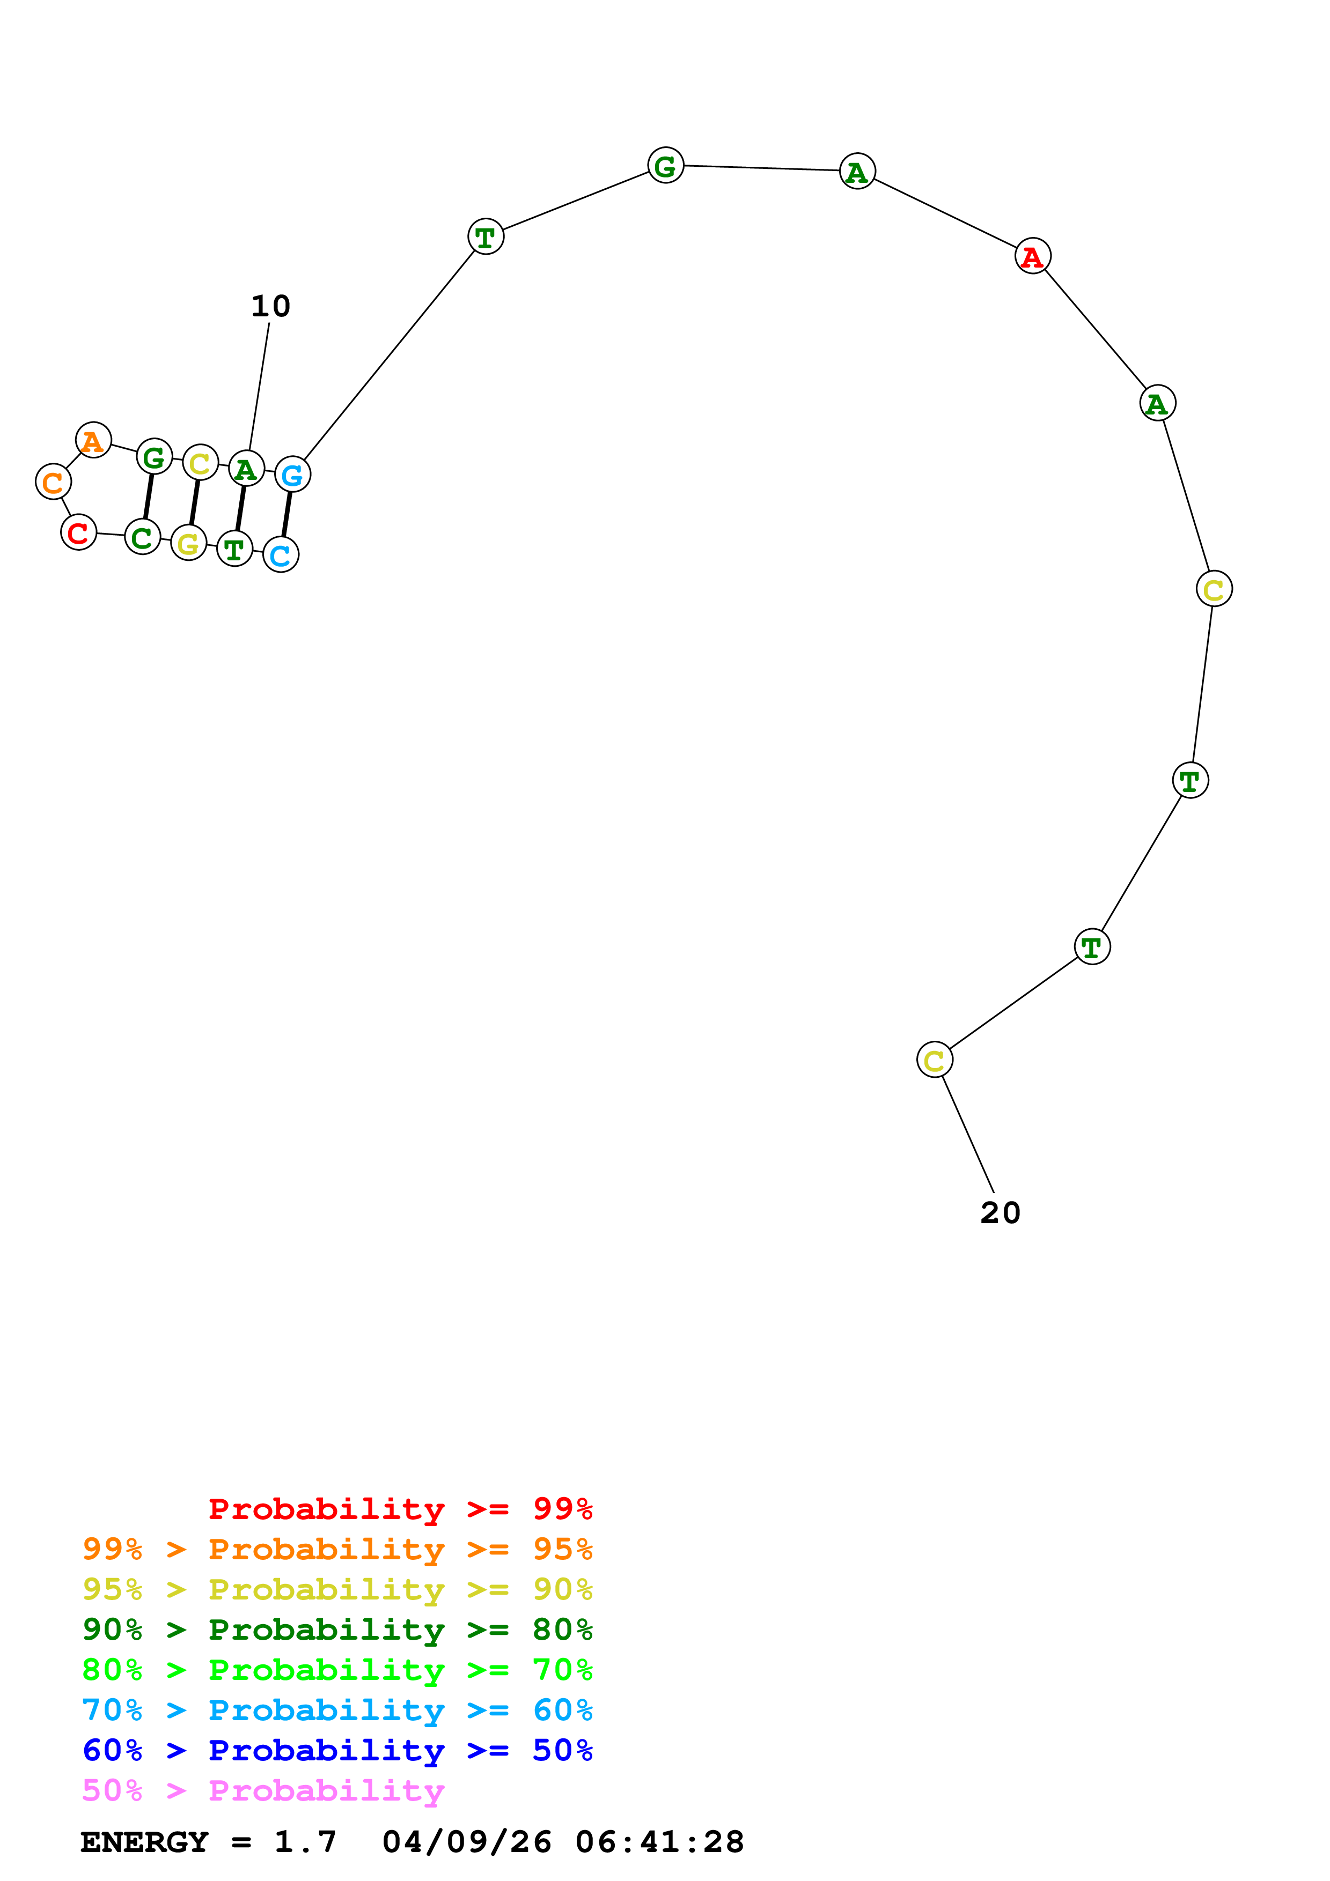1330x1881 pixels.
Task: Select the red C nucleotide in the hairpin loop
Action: tap(79, 532)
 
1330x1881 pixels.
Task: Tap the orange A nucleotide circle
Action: tap(93, 441)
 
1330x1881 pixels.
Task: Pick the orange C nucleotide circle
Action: tap(53, 482)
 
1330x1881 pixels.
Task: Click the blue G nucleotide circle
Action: tap(292, 475)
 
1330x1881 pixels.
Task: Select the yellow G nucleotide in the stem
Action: tap(188, 542)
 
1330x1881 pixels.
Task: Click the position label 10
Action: tap(270, 306)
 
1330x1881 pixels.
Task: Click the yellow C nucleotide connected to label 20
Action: tap(934, 1060)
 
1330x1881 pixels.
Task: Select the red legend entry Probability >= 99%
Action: tap(400, 1508)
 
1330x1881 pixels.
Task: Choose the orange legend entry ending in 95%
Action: tap(337, 1549)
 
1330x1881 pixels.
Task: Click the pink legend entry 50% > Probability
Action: tap(263, 1790)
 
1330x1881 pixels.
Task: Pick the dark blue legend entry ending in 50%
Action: tap(337, 1750)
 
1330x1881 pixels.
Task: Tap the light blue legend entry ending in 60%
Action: tap(337, 1710)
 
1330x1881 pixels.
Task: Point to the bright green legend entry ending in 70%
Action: tap(337, 1670)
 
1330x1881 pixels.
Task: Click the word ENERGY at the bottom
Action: tap(144, 1842)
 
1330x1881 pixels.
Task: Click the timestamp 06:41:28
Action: tap(660, 1842)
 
